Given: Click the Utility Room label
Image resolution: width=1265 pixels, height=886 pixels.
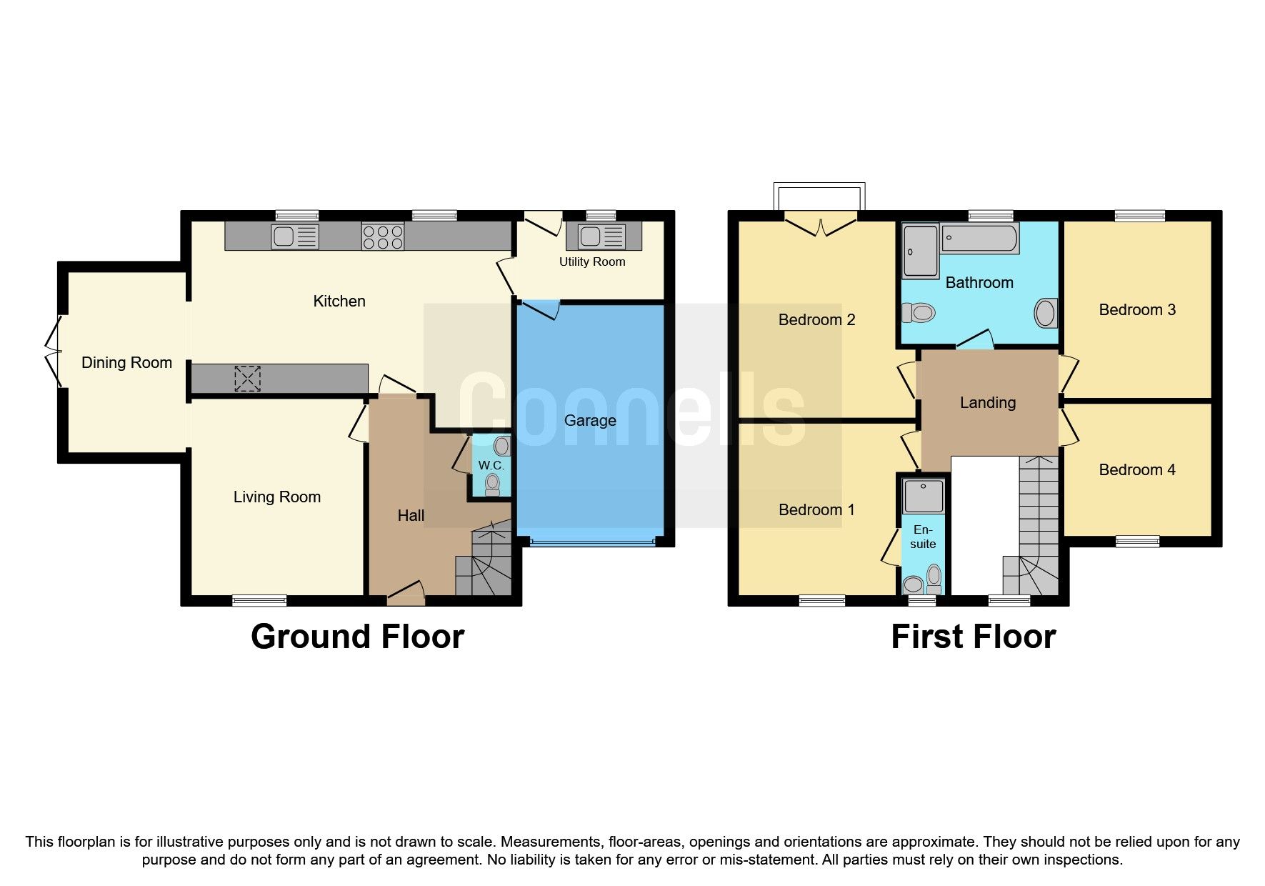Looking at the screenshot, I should pos(591,262).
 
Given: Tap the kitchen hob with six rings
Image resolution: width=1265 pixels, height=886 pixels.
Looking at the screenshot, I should pos(383,237).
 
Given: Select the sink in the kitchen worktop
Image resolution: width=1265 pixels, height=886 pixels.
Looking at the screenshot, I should pos(294,237).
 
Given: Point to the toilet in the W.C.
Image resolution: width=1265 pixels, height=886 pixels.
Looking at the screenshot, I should pos(492,484).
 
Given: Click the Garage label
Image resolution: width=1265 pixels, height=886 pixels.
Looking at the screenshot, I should pos(590,420).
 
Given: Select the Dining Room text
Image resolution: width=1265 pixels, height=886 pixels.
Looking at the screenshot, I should pos(126,362).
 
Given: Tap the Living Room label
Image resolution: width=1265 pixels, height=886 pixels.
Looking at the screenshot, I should pos(276,497).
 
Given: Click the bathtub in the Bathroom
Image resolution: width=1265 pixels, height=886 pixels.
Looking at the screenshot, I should pos(979,239).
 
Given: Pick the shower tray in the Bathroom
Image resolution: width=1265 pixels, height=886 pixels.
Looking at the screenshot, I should pos(920,252).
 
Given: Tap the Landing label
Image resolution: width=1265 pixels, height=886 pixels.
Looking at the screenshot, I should pos(987,402).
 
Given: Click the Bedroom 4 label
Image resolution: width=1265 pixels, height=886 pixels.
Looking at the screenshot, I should pos(1136,469).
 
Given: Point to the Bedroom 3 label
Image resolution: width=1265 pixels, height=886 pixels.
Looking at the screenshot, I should pos(1136,309).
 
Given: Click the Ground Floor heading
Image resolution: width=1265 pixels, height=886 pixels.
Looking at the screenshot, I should pos(357,636).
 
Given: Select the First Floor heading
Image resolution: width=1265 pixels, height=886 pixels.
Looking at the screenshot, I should pos(973,636).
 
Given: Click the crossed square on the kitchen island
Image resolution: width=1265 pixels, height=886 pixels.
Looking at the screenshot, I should pos(247,379).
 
